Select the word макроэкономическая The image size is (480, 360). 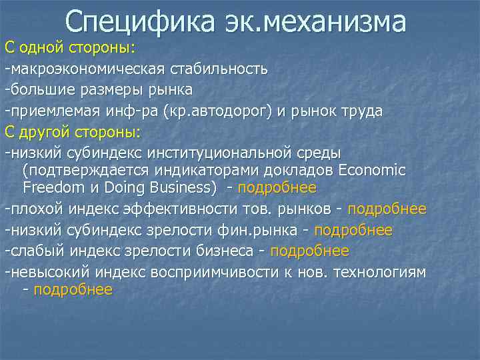point(87,69)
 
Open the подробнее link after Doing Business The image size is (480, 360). point(277,188)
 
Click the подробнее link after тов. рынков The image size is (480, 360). point(387,209)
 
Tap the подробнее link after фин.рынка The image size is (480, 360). point(353,231)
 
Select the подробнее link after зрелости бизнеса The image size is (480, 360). point(309,251)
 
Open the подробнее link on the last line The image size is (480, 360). point(73,290)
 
